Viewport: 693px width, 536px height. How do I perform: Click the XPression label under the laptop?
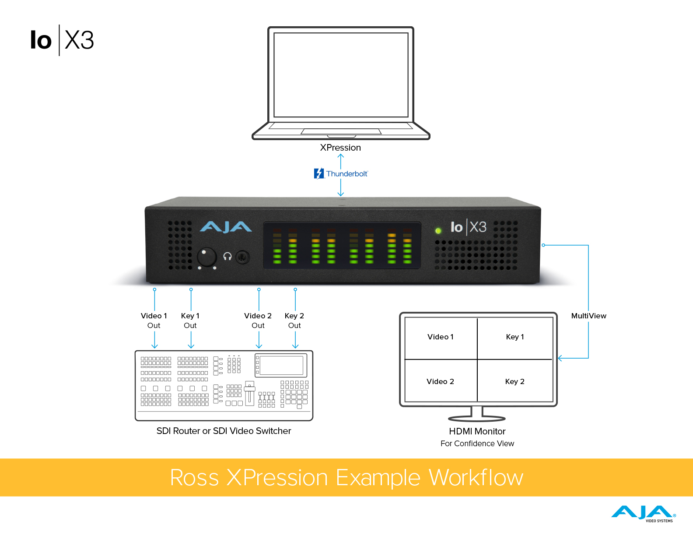(340, 148)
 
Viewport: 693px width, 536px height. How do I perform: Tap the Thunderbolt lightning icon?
(319, 174)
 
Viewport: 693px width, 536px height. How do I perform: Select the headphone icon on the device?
(227, 256)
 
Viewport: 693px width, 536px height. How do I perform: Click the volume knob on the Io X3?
(206, 257)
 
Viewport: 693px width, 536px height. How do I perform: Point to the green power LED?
(438, 230)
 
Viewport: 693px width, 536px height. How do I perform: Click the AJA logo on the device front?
(226, 227)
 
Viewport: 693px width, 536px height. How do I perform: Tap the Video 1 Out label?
(154, 321)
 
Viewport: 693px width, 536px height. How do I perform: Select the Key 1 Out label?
(190, 321)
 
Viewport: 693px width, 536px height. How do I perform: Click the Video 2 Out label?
(258, 321)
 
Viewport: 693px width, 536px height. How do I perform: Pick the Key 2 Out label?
(294, 321)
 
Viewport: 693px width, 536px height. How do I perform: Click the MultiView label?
(588, 316)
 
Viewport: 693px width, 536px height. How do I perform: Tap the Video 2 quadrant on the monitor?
(441, 381)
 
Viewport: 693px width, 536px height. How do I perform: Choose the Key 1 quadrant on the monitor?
(515, 337)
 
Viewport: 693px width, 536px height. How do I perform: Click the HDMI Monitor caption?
(477, 431)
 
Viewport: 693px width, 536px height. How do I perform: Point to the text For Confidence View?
(477, 444)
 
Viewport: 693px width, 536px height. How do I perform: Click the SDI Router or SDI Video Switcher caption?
(224, 431)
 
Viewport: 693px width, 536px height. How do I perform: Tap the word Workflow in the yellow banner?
(476, 477)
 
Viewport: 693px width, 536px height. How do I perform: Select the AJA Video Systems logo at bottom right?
(643, 513)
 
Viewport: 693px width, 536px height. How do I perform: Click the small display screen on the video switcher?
(281, 365)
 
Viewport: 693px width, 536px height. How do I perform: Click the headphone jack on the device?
(243, 257)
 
